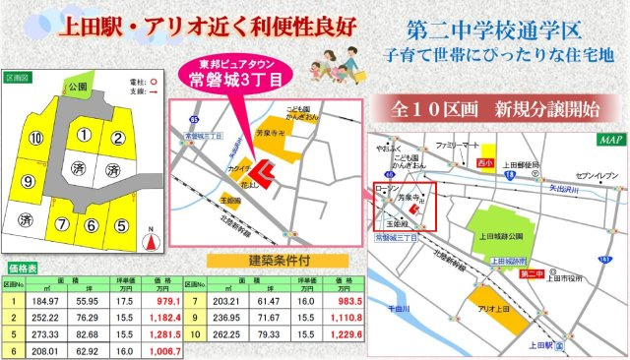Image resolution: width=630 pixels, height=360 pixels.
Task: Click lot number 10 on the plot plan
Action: point(36,137)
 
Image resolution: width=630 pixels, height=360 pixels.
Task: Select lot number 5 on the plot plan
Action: point(121,225)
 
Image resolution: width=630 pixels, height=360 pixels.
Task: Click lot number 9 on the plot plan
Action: point(28,180)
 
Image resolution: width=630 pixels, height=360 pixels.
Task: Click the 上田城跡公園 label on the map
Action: point(508,235)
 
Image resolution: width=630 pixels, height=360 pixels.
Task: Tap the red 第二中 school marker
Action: point(532,271)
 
